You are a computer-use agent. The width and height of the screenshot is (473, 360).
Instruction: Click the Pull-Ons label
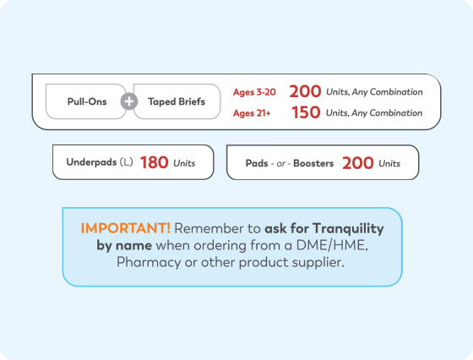click(87, 101)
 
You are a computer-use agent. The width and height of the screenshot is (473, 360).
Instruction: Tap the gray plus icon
click(129, 101)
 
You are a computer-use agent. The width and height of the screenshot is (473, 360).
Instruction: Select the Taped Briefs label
click(177, 101)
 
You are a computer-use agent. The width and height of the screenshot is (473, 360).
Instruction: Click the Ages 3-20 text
click(254, 92)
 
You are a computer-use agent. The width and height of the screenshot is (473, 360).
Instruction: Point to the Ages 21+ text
click(252, 113)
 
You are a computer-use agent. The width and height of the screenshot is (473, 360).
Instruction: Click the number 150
click(306, 112)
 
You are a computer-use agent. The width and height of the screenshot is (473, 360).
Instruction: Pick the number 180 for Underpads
click(154, 162)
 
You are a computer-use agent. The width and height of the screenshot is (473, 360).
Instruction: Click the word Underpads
click(91, 162)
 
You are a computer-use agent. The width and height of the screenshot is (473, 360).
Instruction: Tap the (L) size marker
click(127, 162)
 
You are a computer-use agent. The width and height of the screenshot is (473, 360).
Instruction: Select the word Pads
click(257, 163)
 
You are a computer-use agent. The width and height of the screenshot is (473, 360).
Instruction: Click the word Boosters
click(313, 163)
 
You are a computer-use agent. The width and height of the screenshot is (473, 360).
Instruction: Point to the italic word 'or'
click(280, 164)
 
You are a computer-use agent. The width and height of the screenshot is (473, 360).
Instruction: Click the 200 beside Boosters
click(358, 163)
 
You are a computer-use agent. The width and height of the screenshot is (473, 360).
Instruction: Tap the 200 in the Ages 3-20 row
click(305, 91)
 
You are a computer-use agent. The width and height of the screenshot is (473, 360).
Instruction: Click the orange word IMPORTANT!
click(126, 228)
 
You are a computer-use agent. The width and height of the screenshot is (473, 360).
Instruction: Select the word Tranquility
click(348, 229)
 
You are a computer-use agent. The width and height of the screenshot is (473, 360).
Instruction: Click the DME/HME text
click(332, 245)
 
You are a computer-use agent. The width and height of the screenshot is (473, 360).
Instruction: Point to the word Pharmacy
click(149, 262)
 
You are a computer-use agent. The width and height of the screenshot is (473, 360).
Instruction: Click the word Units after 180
click(184, 163)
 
